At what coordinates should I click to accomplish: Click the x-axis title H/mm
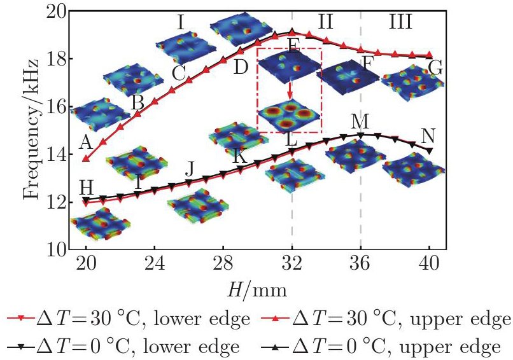[x=258, y=290]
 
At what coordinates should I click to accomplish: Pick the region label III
[x=400, y=23]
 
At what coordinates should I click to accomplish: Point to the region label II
[x=325, y=23]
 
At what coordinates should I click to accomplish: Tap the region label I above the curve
[x=181, y=24]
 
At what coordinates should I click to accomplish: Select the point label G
[x=435, y=67]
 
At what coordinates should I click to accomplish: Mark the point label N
[x=429, y=135]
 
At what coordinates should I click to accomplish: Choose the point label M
[x=360, y=121]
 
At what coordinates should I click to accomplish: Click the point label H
[x=87, y=186]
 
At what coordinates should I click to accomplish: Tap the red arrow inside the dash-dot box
[x=290, y=89]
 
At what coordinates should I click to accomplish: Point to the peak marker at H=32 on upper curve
[x=292, y=32]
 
